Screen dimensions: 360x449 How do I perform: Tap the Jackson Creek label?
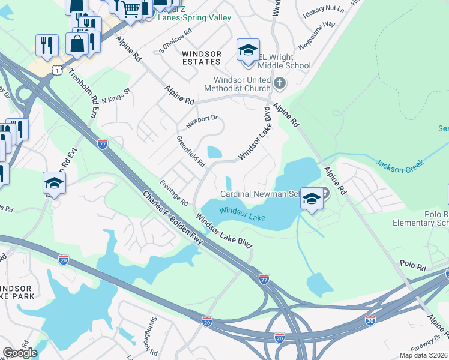point(400,163)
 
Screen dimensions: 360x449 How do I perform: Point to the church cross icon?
point(279,83)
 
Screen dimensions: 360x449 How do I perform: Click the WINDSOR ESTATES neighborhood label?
point(202,58)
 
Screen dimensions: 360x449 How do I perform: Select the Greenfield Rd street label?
point(191,151)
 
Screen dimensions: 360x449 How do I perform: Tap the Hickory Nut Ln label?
point(324,10)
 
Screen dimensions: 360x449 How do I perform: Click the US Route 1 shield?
point(57,71)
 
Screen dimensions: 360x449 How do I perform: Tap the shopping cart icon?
point(131,9)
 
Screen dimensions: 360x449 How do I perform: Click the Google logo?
point(20,353)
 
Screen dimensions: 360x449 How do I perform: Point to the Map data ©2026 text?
point(423,355)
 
